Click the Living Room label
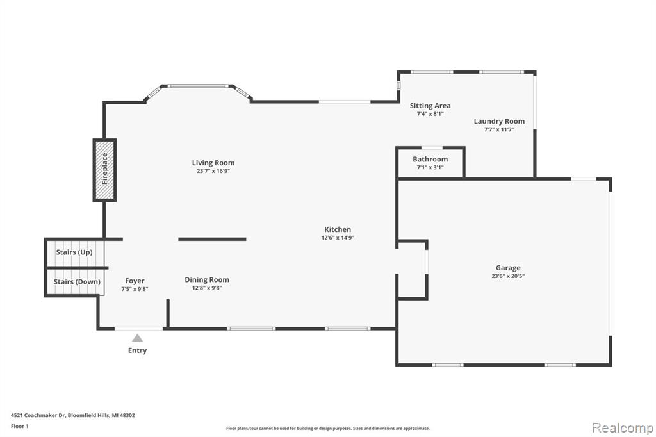213,163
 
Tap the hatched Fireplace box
105,170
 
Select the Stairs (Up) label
74,252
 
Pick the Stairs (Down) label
77,282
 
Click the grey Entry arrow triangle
137,338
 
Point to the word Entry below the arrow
137,350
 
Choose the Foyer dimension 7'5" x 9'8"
135,289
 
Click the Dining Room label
207,279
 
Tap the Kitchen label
338,229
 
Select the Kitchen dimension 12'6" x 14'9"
338,238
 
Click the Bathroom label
430,159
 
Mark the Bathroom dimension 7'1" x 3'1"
430,167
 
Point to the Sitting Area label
430,106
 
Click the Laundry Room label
499,121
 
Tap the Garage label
508,268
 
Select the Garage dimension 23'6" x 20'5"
508,276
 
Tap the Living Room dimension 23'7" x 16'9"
213,171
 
